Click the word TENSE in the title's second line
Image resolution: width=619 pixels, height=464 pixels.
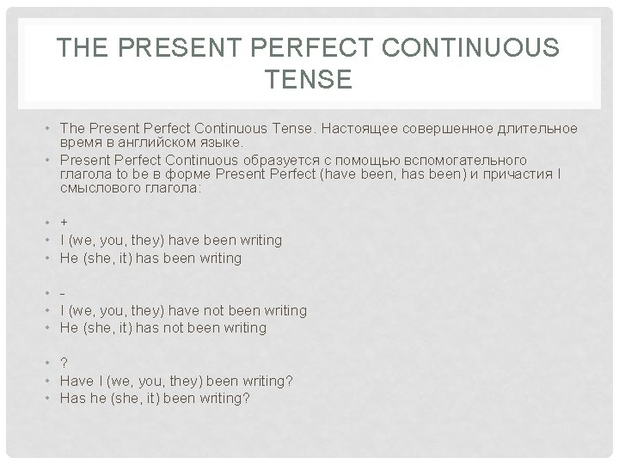pos(309,80)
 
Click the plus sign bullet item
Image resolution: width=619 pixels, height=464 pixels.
pos(64,223)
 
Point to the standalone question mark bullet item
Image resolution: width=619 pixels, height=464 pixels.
pos(64,363)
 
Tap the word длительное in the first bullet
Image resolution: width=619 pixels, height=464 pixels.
pos(536,128)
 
